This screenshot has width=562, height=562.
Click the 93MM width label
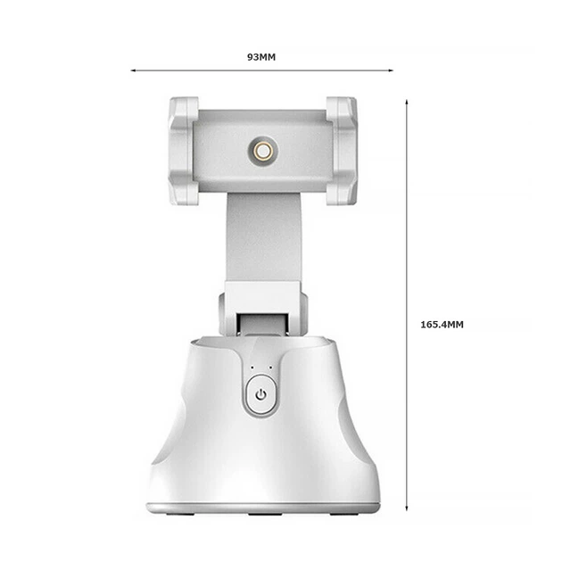(261, 57)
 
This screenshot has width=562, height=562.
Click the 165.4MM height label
(442, 325)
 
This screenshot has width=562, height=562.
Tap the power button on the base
(261, 396)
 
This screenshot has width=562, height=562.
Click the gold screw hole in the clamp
(263, 152)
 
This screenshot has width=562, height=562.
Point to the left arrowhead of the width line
(133, 70)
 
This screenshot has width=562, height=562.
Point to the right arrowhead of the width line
(391, 70)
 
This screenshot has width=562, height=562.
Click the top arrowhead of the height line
(407, 103)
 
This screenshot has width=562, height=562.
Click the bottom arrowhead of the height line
(407, 508)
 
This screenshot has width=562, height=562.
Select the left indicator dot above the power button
(252, 368)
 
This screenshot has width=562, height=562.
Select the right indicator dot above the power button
(270, 368)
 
